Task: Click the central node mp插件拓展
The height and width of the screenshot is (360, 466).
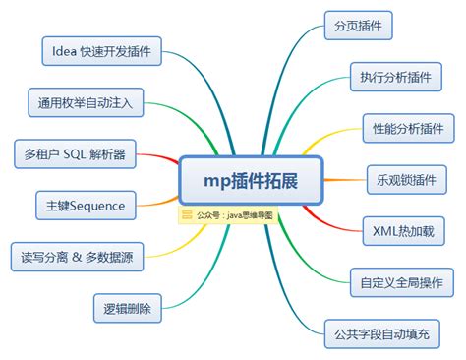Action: click(x=251, y=183)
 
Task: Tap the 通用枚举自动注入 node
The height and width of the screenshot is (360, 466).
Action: click(x=87, y=101)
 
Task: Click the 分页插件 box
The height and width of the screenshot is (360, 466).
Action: click(x=358, y=25)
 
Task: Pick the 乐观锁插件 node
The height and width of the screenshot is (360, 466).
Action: click(x=400, y=179)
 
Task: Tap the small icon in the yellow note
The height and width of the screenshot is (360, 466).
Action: click(x=187, y=214)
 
